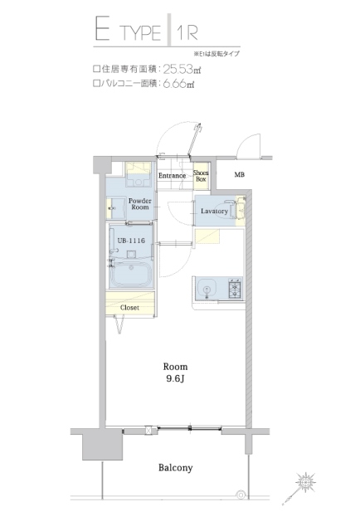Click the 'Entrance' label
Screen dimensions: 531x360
coord(173,176)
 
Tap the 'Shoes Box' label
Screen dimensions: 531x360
coord(201,176)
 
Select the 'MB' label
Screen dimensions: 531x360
coord(240,175)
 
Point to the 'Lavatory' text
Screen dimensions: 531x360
coord(214,212)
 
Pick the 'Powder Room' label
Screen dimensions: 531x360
coord(139,204)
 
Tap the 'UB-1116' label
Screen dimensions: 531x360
coord(131,241)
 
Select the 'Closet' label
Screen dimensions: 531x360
coord(129,308)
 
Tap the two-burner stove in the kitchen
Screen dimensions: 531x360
coord(233,290)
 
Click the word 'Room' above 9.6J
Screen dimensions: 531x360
coord(175,367)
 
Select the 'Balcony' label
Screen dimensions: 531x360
coord(175,468)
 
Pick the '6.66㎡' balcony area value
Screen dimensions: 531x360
coord(178,84)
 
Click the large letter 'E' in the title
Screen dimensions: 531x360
coord(103,34)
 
